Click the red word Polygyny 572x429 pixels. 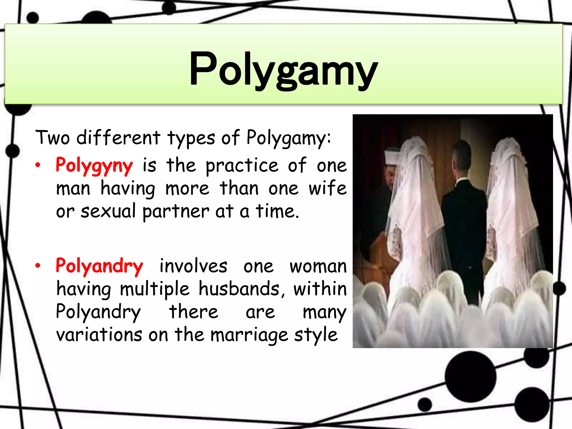94,165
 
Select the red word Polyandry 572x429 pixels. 99,266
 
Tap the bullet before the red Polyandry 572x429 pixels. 38,266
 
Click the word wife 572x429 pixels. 327,188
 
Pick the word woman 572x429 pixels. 318,266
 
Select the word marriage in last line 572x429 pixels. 249,335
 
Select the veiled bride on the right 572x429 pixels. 511,212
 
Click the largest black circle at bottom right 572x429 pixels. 470,376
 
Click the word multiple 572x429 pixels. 155,289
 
